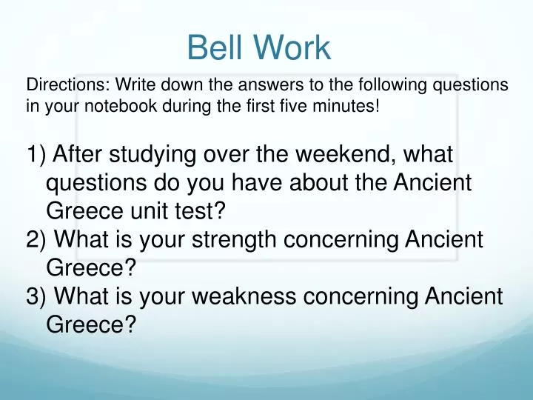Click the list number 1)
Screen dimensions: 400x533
pos(37,156)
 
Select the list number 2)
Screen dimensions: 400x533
pos(37,240)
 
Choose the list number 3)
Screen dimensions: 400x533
pos(37,296)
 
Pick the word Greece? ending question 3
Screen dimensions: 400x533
pos(90,324)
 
